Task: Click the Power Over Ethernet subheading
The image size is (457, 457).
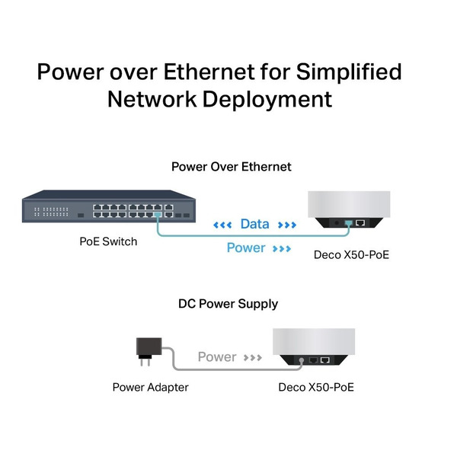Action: (231, 167)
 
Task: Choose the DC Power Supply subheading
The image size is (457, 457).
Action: (228, 304)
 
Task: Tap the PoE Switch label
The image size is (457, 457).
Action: (108, 242)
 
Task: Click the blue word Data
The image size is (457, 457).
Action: (254, 224)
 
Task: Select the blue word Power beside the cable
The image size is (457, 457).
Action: (246, 248)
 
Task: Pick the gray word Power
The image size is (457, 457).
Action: (217, 356)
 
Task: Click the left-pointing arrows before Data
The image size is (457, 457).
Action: (222, 225)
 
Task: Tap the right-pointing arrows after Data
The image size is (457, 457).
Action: (286, 225)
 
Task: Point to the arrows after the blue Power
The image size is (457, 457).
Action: (281, 248)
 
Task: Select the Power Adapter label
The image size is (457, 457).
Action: (150, 387)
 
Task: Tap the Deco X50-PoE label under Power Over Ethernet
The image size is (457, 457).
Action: (352, 254)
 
